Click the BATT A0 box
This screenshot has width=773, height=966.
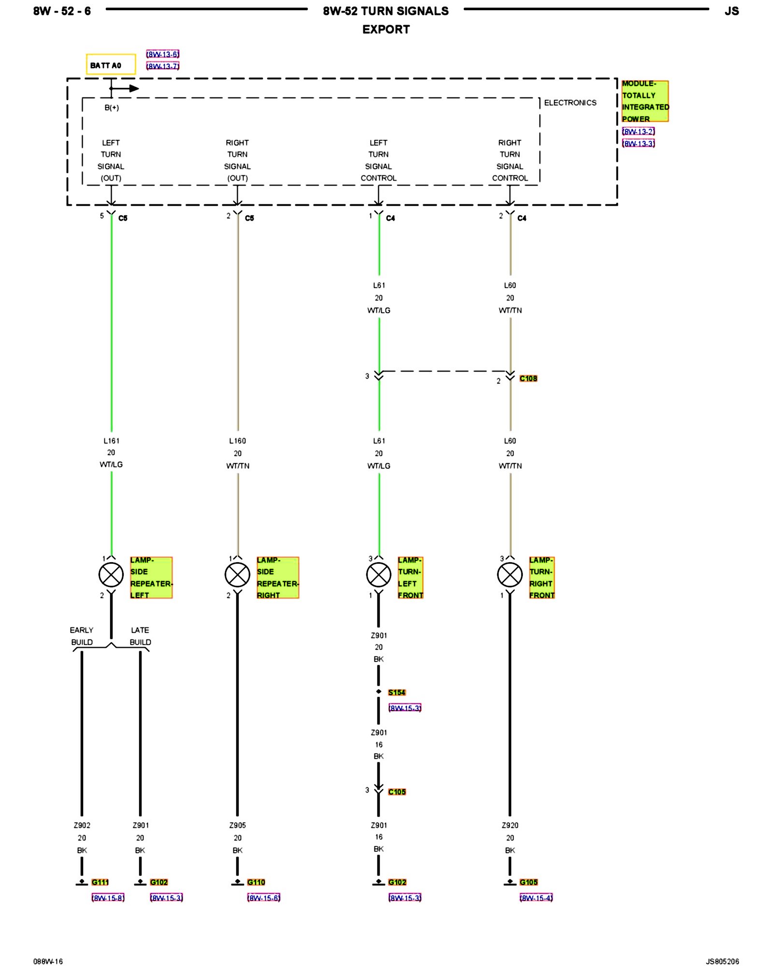(111, 65)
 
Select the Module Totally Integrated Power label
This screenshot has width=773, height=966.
(644, 101)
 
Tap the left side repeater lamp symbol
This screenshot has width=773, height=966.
(111, 575)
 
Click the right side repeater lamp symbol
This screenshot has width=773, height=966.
(237, 575)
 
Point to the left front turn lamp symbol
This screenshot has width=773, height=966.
(378, 575)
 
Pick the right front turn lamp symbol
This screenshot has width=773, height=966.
(510, 575)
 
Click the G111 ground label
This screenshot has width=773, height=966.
(100, 882)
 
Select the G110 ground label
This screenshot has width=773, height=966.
(256, 882)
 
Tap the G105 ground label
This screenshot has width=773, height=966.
(529, 882)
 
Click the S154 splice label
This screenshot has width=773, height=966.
(397, 692)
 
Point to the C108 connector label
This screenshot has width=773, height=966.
(528, 378)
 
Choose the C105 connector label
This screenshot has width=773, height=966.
(397, 792)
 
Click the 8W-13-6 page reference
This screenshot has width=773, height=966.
(163, 54)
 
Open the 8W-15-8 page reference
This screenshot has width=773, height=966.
(108, 898)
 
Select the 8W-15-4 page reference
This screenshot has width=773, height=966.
(536, 898)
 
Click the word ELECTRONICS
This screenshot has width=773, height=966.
(570, 102)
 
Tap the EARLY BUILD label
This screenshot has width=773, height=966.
(82, 636)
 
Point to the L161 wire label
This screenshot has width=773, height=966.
(111, 440)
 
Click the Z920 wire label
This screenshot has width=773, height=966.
(510, 825)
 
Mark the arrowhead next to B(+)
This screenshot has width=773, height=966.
(134, 88)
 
